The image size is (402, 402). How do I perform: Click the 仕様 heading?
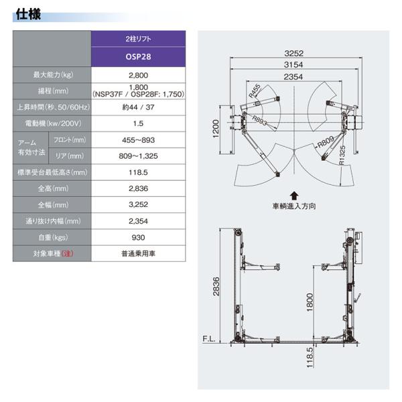[x=28, y=14]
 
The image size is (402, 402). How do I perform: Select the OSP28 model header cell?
[x=138, y=57]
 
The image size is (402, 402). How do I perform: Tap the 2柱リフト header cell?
[x=138, y=39]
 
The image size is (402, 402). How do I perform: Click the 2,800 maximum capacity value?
[x=138, y=75]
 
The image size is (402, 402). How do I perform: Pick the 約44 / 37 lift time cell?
[x=138, y=107]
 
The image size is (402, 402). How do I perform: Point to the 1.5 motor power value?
[x=138, y=123]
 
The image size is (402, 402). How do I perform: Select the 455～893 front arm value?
[x=138, y=140]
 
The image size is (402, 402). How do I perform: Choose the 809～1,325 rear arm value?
[x=138, y=156]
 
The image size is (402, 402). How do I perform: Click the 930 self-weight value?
[x=138, y=237]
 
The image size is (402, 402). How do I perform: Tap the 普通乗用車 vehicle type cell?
[x=138, y=253]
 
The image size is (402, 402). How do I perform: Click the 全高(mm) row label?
[x=53, y=189]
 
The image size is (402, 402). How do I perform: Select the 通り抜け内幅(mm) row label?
[x=53, y=221]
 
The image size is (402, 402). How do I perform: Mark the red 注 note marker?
[x=67, y=253]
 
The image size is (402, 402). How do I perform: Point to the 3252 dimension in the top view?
[x=294, y=54]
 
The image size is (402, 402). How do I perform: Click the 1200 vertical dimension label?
[x=216, y=129]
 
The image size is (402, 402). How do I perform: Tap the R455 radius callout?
[x=255, y=91]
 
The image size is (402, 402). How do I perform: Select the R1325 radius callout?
[x=342, y=155]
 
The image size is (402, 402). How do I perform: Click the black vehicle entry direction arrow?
[x=294, y=196]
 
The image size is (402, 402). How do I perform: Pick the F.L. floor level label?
[x=209, y=339]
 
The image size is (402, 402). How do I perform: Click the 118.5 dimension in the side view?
[x=310, y=357]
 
